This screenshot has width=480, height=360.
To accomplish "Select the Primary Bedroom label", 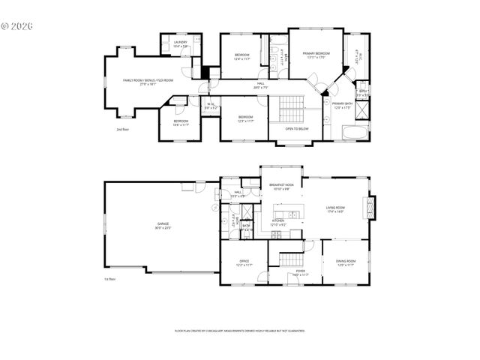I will [316, 55].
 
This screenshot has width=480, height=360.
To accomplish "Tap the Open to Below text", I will [297, 129].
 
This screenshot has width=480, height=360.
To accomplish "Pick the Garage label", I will [163, 226].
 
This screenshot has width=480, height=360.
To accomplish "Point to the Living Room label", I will [334, 210].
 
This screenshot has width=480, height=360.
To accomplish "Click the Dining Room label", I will [346, 262].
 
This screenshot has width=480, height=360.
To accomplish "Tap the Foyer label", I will [300, 273].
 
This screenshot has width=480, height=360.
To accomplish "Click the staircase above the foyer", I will [289, 259].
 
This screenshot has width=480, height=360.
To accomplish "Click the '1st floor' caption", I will [109, 279].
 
